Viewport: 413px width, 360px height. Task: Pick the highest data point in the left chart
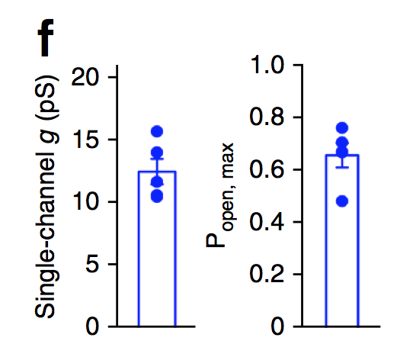coord(157,131)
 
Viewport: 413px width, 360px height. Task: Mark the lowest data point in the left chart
coord(157,197)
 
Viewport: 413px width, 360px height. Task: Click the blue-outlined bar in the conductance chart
coord(157,252)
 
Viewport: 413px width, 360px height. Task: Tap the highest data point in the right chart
coord(342,127)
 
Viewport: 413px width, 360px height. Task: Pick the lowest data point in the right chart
coord(342,201)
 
